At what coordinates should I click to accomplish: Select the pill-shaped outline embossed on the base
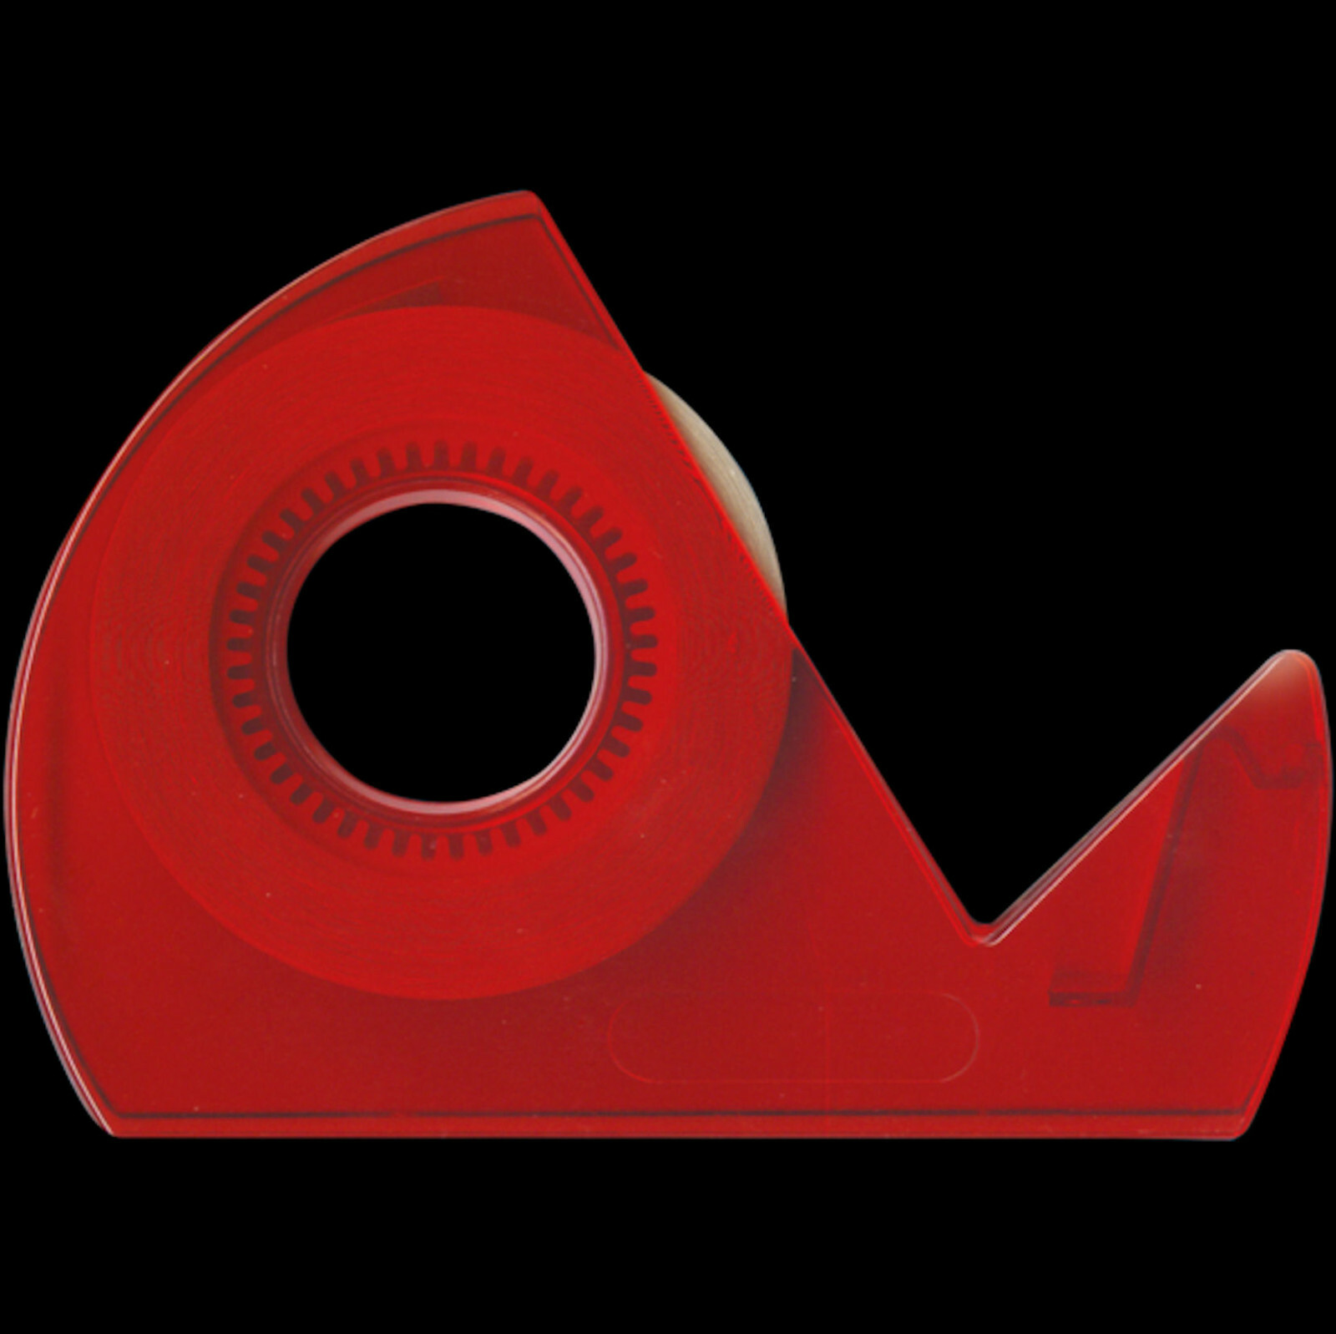[793, 1037]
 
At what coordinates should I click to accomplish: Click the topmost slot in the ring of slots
[440, 456]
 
